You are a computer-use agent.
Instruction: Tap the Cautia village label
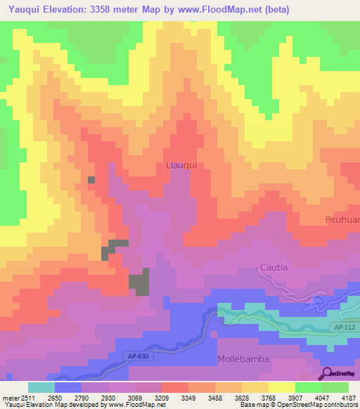click(x=273, y=267)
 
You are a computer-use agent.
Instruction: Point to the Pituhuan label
click(x=342, y=220)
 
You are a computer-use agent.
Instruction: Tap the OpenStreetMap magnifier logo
click(x=325, y=373)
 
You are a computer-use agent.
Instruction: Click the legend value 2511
click(x=20, y=397)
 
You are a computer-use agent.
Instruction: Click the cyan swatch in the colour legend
click(x=41, y=387)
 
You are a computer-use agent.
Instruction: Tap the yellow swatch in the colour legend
click(x=281, y=387)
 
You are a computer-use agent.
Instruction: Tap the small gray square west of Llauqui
click(x=91, y=180)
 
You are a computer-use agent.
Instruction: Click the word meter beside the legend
click(x=8, y=397)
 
